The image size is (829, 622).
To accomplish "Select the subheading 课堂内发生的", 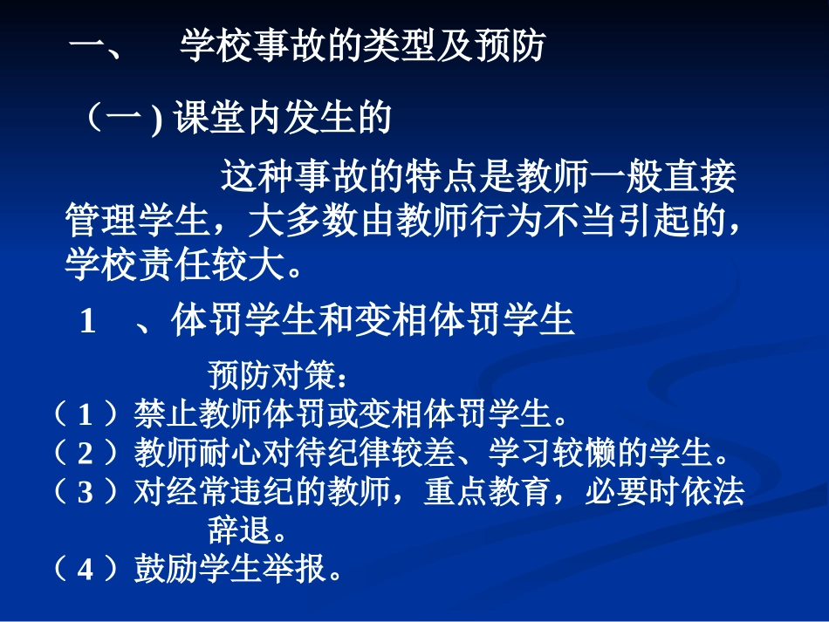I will [x=282, y=120].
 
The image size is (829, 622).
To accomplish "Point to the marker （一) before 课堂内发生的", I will [x=121, y=120].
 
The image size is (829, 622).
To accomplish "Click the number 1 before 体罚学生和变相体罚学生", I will [x=87, y=322].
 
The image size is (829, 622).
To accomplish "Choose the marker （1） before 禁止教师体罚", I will [x=85, y=413].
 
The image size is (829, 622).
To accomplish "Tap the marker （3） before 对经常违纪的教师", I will [x=85, y=493].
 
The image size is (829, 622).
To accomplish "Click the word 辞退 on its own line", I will [x=236, y=530].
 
